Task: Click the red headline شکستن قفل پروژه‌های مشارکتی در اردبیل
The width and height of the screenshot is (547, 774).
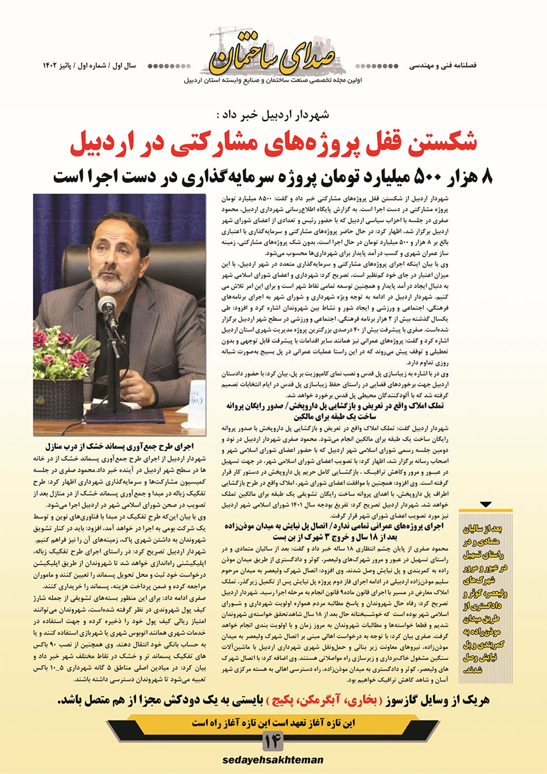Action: (x=273, y=142)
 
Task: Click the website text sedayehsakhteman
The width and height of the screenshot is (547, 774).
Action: (x=273, y=760)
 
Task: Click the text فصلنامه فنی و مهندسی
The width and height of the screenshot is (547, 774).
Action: (x=443, y=66)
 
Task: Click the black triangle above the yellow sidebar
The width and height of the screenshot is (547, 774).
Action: (x=485, y=505)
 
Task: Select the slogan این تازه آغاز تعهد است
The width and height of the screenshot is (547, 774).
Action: (x=273, y=723)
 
